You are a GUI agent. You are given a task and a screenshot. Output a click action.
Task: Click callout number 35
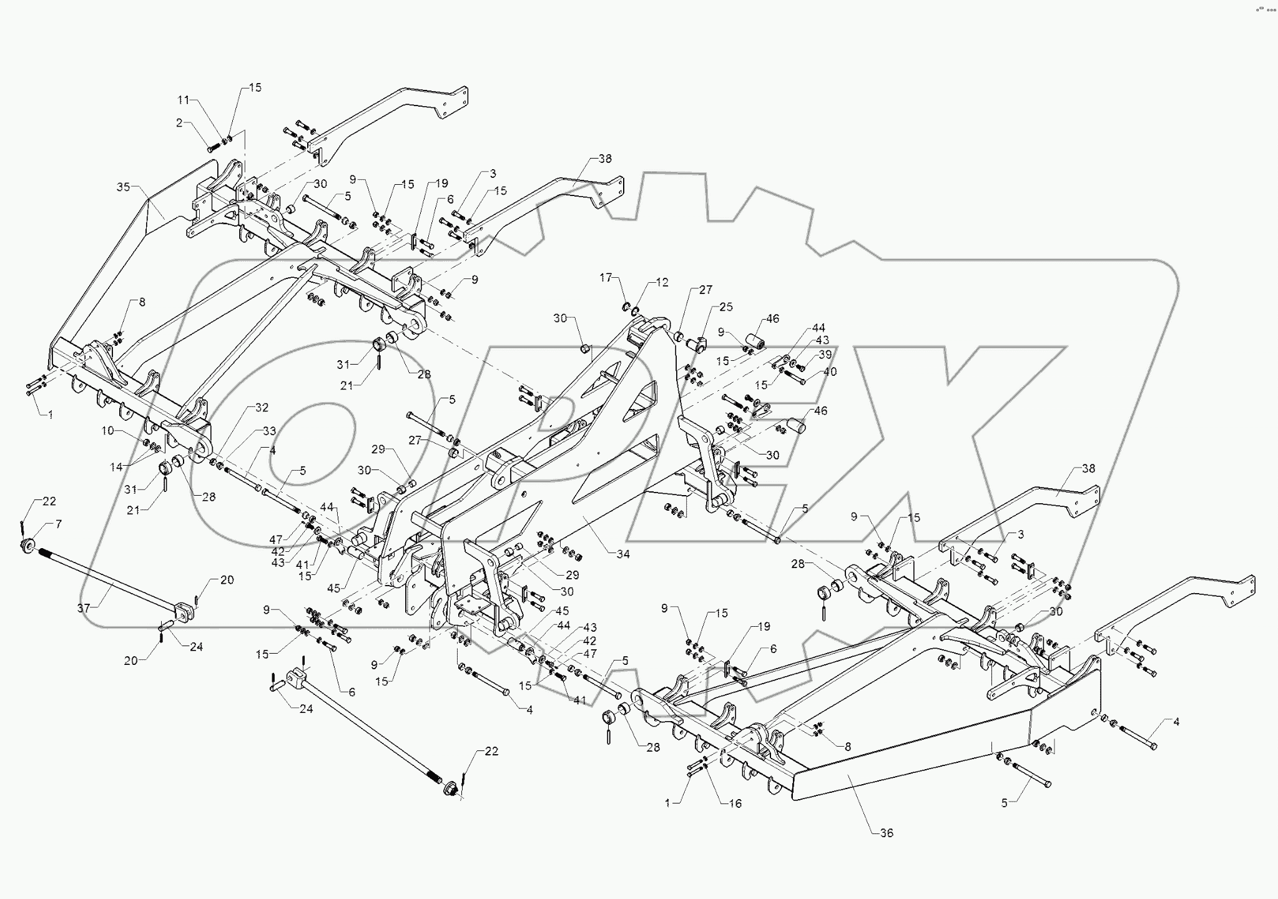(123, 187)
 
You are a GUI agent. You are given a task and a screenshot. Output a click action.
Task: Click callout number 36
(886, 833)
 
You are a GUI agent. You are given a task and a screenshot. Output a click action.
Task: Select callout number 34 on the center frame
(623, 554)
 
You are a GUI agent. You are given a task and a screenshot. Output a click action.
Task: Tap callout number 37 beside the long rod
(84, 608)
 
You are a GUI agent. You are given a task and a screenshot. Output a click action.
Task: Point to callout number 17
(606, 277)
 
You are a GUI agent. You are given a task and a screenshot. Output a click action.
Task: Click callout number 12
(662, 282)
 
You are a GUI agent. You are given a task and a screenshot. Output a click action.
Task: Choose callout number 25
(725, 307)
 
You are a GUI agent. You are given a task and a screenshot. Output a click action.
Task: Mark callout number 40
(830, 371)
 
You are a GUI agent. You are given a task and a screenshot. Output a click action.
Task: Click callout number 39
(825, 354)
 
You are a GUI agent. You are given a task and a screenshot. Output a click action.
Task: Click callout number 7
(59, 524)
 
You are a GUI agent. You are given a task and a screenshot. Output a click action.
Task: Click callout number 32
(262, 408)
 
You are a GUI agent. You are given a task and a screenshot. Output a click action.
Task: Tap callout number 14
(117, 466)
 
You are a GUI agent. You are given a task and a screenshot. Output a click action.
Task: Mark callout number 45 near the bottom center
(563, 611)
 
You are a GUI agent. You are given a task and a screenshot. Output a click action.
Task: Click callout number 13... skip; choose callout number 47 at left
(276, 539)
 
